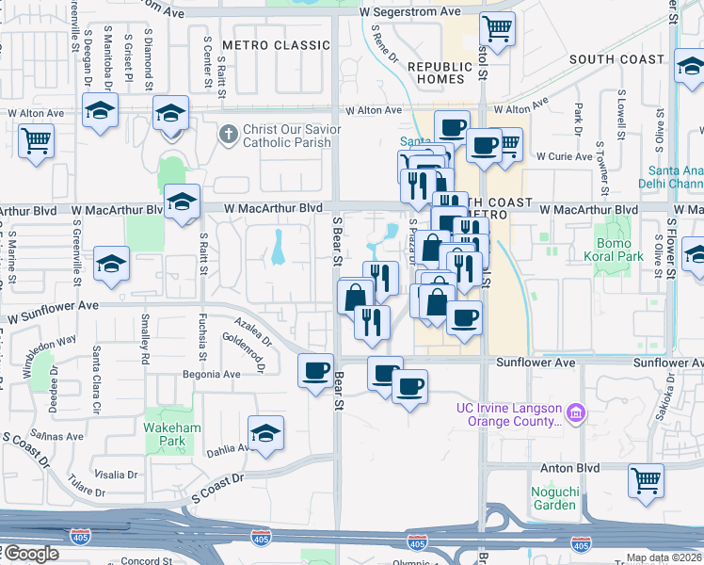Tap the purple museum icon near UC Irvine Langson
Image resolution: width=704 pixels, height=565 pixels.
pyautogui.click(x=576, y=412)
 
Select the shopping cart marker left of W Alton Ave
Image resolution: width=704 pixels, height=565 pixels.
pyautogui.click(x=36, y=142)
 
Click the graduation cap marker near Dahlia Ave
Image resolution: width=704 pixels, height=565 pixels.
pyautogui.click(x=266, y=432)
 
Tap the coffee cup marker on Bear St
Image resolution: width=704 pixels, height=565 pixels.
pyautogui.click(x=315, y=369)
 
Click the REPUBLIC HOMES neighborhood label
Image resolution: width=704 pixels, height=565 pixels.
pyautogui.click(x=440, y=73)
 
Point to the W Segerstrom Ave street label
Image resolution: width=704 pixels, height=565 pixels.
pyautogui.click(x=411, y=11)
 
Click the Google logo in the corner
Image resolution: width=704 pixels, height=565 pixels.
pyautogui.click(x=31, y=554)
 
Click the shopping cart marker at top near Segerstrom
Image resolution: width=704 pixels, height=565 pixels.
pyautogui.click(x=496, y=28)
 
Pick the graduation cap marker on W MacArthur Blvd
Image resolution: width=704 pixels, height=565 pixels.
pyautogui.click(x=182, y=202)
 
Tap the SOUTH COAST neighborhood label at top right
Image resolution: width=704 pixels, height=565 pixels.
pyautogui.click(x=616, y=59)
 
